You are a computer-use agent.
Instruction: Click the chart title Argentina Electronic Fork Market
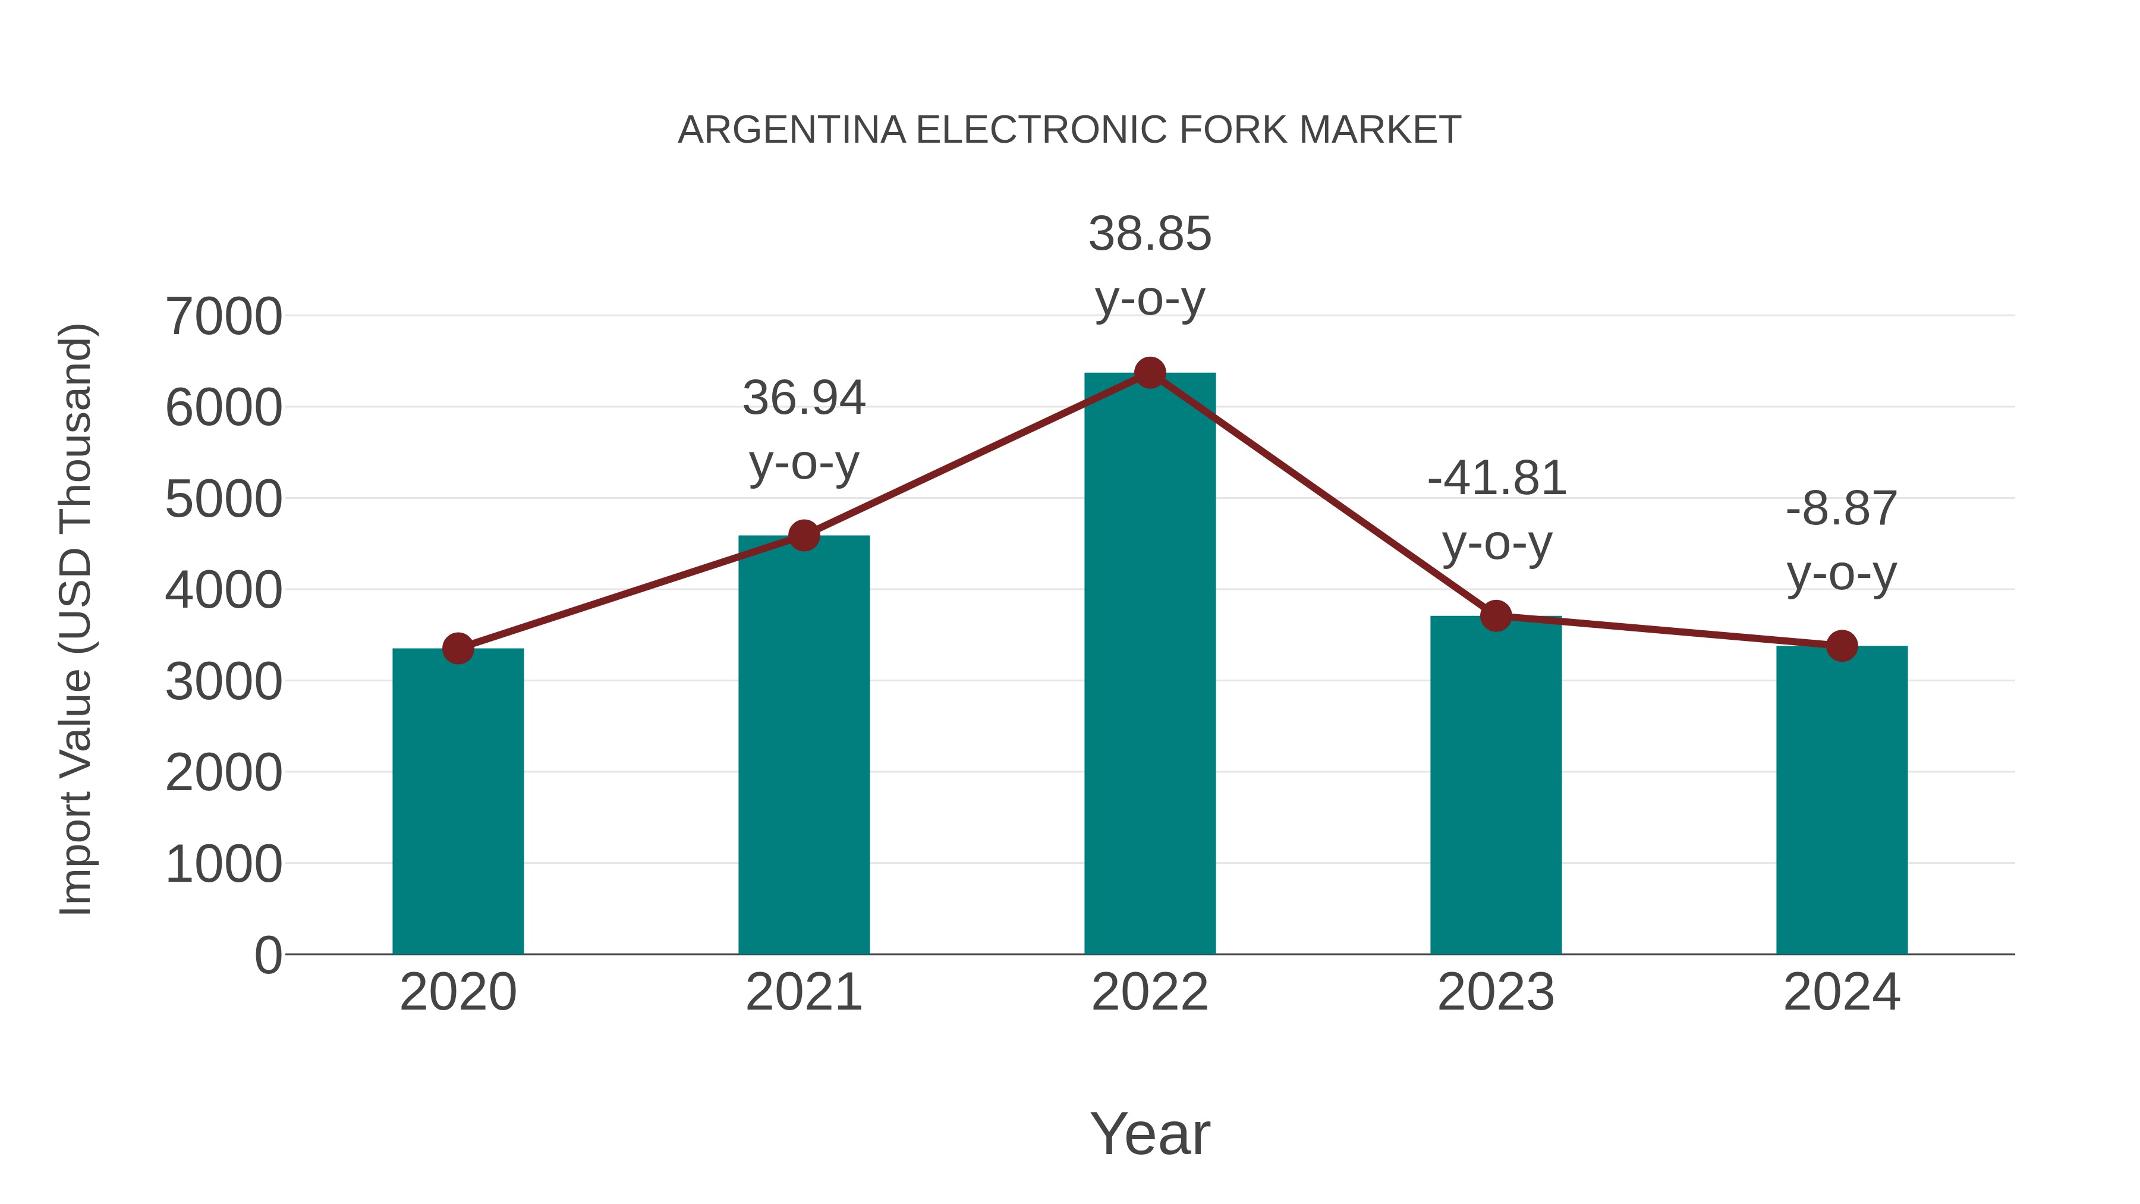[x=1069, y=130]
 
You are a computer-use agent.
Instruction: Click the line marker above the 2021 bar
[x=803, y=536]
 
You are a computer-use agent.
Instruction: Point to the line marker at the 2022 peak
[x=1150, y=373]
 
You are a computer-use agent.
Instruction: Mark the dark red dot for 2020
[x=458, y=648]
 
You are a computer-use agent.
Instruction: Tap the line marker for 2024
[x=1842, y=646]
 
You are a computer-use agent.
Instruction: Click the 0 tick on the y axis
[x=267, y=955]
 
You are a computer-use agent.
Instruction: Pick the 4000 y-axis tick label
[x=224, y=591]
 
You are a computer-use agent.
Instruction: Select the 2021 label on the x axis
[x=803, y=992]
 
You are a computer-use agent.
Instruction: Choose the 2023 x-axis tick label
[x=1496, y=992]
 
